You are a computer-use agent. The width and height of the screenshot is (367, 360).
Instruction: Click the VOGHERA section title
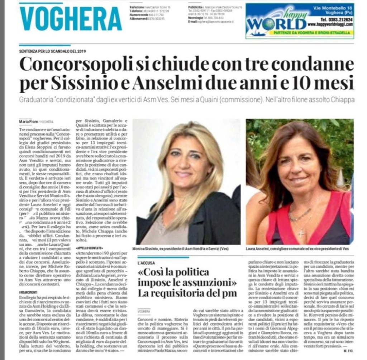(x=71, y=18)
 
